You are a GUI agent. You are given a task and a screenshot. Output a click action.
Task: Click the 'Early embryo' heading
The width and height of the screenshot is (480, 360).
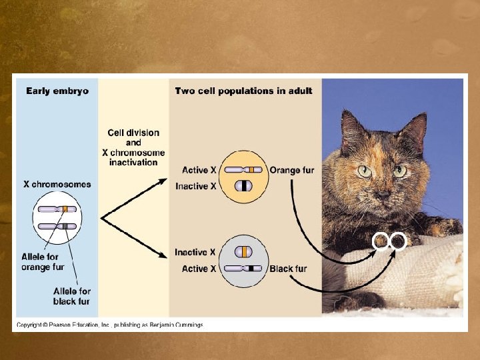(57, 90)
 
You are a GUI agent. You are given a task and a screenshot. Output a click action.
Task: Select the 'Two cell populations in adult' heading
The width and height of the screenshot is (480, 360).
(243, 90)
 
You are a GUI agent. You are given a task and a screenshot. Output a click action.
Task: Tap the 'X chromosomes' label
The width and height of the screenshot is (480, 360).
(57, 184)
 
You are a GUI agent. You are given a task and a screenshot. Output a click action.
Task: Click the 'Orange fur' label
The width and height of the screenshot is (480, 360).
(291, 171)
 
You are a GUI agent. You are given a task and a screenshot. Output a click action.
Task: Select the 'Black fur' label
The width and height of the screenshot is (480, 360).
(288, 269)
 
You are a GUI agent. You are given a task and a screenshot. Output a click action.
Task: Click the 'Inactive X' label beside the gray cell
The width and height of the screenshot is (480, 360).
(195, 253)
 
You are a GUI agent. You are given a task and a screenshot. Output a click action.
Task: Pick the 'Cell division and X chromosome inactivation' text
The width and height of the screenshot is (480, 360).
(134, 147)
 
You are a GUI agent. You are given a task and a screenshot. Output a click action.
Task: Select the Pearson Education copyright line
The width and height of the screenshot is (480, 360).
(110, 325)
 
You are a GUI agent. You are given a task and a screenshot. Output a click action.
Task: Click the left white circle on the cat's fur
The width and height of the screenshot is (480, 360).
(381, 241)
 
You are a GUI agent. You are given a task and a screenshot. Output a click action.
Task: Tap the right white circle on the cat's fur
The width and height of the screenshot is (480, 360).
(398, 241)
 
